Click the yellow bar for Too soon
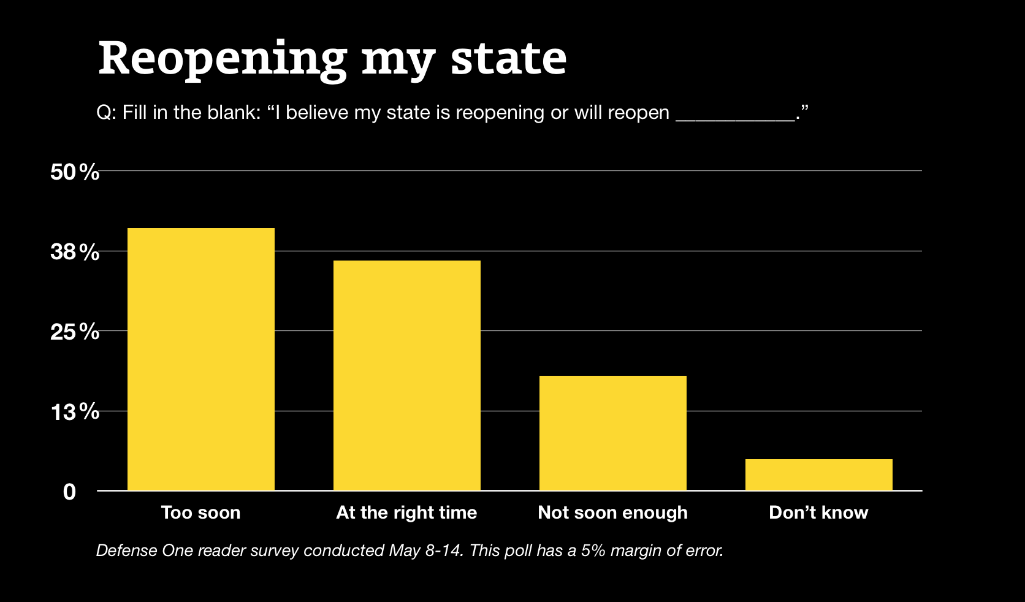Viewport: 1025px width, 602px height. coord(200,359)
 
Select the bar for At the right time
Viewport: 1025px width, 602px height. coord(406,375)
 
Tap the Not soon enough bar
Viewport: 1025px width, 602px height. coord(612,432)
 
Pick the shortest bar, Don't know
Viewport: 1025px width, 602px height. coord(818,474)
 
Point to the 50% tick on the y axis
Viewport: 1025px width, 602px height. coord(74,172)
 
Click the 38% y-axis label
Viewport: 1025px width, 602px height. coord(74,252)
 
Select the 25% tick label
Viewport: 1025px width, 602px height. coord(74,332)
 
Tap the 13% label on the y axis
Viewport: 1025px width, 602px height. coord(74,412)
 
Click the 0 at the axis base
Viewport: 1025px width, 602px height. coord(69,492)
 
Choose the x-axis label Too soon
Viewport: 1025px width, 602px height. coord(200,512)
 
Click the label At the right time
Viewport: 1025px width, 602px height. coord(406,512)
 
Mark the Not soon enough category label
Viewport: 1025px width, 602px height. coord(612,512)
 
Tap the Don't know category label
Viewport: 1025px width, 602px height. coord(818,512)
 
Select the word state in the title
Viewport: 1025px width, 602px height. coord(508,59)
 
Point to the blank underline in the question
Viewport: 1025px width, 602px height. coord(734,120)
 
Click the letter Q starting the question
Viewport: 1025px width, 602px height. coord(103,113)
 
